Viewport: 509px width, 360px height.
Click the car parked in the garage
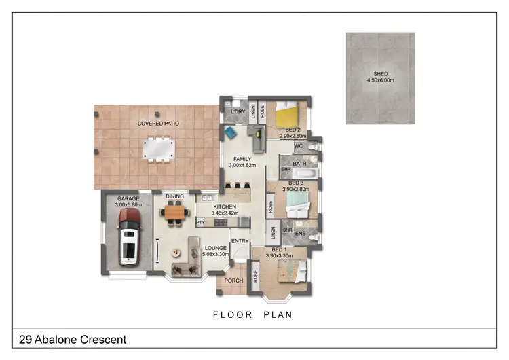128,236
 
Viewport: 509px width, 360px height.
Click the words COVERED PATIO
159,124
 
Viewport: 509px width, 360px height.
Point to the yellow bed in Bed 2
288,113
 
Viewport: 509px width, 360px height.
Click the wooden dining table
174,213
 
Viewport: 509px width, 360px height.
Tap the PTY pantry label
201,222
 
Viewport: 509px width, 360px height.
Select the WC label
298,146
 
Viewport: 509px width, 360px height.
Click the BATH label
299,164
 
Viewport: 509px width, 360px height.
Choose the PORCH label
233,281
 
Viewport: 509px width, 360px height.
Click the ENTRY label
240,241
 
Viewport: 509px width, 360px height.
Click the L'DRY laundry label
238,111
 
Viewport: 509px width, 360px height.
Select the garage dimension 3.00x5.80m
128,205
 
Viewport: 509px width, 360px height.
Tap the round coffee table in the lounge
175,252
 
